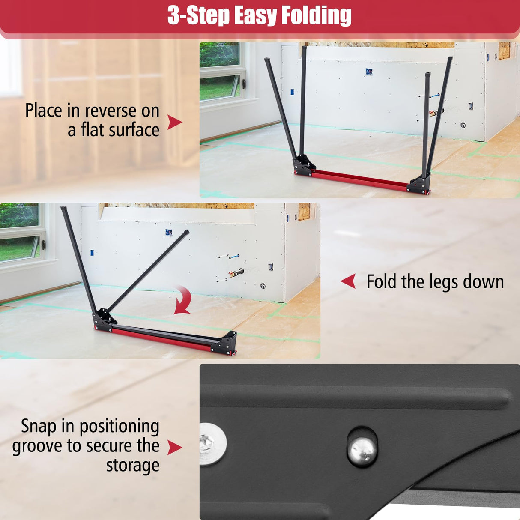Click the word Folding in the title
pyautogui.click(x=316, y=16)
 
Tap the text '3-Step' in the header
pyautogui.click(x=198, y=16)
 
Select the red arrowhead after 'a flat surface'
pyautogui.click(x=174, y=122)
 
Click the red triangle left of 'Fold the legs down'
pyautogui.click(x=348, y=281)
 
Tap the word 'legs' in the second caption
pyautogui.click(x=443, y=282)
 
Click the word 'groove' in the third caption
pyautogui.click(x=37, y=446)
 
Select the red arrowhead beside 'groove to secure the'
pyautogui.click(x=174, y=447)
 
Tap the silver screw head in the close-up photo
pyautogui.click(x=212, y=444)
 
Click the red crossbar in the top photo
pyautogui.click(x=360, y=180)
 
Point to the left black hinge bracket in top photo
pyautogui.click(x=304, y=165)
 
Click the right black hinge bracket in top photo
pyautogui.click(x=419, y=185)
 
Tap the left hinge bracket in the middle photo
pyautogui.click(x=104, y=320)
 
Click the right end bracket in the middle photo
pyautogui.click(x=225, y=343)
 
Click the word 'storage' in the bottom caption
pyautogui.click(x=132, y=466)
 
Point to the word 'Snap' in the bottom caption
pyautogui.click(x=39, y=427)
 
